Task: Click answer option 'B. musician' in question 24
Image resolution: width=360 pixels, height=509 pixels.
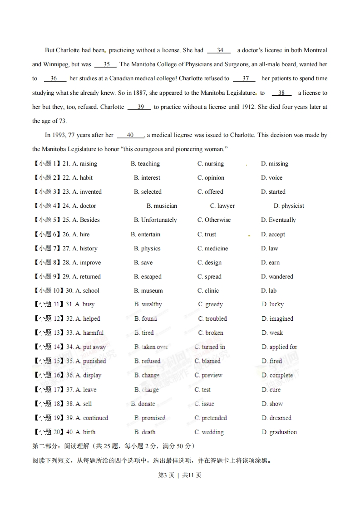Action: pos(162,206)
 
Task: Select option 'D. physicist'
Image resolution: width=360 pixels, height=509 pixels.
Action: pos(289,206)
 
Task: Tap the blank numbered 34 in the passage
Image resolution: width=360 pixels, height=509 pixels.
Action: pos(220,50)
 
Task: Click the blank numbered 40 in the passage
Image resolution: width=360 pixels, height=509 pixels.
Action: pos(130,135)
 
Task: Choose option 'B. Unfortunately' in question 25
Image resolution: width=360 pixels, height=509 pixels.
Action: pos(155,220)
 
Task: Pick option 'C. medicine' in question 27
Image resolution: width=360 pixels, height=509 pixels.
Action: pos(212,249)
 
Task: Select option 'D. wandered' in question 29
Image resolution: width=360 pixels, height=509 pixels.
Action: pos(277,277)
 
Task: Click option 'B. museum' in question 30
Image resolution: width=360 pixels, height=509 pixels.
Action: pos(148,291)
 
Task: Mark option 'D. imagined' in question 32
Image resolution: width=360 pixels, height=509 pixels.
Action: pos(277,319)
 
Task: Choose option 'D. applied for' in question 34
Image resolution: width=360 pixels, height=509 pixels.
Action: pos(279,347)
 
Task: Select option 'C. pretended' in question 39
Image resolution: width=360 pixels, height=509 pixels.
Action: pos(211,418)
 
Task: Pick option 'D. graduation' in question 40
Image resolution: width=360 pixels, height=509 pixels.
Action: pos(279,432)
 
